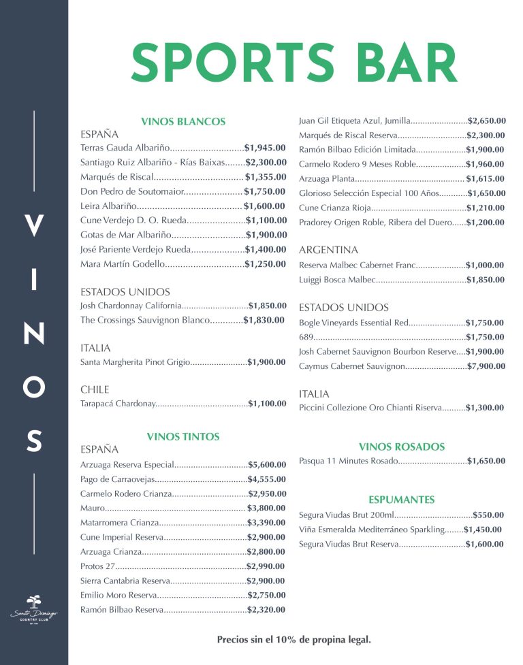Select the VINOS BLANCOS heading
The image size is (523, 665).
pyautogui.click(x=183, y=121)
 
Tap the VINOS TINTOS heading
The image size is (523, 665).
pyautogui.click(x=183, y=436)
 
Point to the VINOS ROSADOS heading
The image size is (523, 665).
pyautogui.click(x=401, y=447)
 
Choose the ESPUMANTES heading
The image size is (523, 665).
pyautogui.click(x=401, y=500)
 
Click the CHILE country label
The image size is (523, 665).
pyautogui.click(x=95, y=390)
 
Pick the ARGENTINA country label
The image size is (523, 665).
pyautogui.click(x=328, y=250)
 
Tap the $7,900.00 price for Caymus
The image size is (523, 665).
pyautogui.click(x=486, y=366)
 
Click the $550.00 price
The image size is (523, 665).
pyautogui.click(x=488, y=515)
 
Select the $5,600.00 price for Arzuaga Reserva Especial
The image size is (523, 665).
pyautogui.click(x=267, y=464)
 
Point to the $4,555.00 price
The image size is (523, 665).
pyautogui.click(x=267, y=479)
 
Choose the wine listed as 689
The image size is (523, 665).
pyautogui.click(x=306, y=337)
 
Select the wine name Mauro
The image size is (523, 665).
pyautogui.click(x=92, y=508)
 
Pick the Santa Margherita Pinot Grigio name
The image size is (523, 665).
pyautogui.click(x=135, y=362)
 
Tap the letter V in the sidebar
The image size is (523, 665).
pyautogui.click(x=33, y=225)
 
